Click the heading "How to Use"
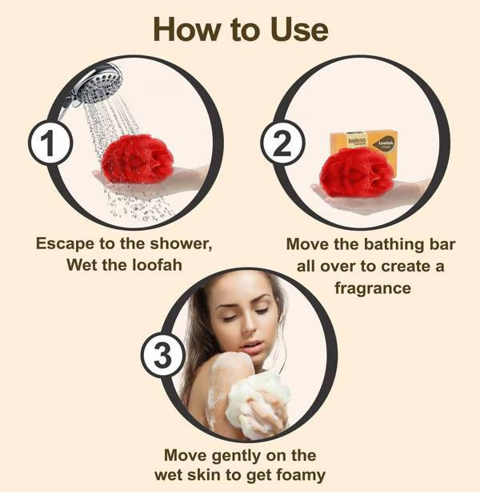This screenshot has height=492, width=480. tap(240, 30)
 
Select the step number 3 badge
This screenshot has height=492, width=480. tap(163, 357)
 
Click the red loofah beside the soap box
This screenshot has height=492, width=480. tap(356, 173)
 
